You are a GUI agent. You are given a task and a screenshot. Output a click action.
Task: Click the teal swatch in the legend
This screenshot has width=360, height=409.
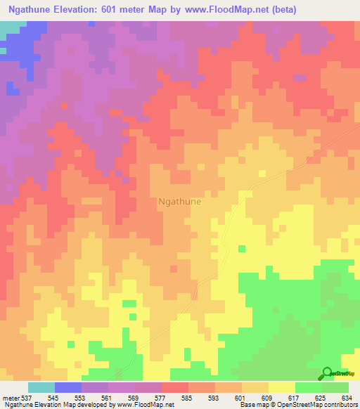(x=41, y=387)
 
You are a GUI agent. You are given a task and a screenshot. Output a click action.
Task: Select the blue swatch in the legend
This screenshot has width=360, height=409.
(x=68, y=387)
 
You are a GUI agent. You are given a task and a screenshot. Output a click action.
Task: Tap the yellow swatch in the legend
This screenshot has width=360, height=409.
(x=281, y=387)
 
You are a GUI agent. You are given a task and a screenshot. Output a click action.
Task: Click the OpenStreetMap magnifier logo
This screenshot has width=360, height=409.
(x=327, y=373)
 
